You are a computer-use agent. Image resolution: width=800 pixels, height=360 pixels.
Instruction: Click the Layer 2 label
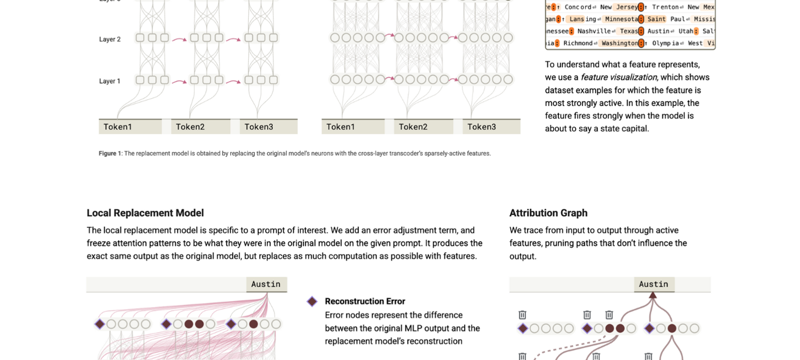pyautogui.click(x=110, y=39)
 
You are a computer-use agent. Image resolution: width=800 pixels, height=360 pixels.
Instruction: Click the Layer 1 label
pyautogui.click(x=110, y=81)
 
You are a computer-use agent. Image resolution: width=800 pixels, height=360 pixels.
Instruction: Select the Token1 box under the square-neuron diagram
pyautogui.click(x=130, y=127)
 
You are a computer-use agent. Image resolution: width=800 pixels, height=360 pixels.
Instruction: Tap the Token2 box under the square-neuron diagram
pyautogui.click(x=201, y=127)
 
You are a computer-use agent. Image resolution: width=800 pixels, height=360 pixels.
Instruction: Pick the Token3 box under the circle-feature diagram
pyautogui.click(x=491, y=127)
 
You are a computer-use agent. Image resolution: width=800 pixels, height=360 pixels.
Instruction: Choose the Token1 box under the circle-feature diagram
pyautogui.click(x=353, y=127)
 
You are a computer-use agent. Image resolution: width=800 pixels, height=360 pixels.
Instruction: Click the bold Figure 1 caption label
pyautogui.click(x=110, y=153)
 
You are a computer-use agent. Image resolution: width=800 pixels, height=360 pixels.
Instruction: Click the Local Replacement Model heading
pyautogui.click(x=145, y=213)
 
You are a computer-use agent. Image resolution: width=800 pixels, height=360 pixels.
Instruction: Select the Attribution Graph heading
pyautogui.click(x=548, y=213)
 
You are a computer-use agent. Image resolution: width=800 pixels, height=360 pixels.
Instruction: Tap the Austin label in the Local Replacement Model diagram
pyautogui.click(x=266, y=284)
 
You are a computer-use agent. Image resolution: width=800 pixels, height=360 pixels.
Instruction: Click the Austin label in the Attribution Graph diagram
pyautogui.click(x=654, y=284)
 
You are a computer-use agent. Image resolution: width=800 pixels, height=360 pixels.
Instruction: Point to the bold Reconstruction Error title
pyautogui.click(x=365, y=301)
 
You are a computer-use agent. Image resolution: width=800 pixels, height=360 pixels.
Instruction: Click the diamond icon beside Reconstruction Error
pyautogui.click(x=312, y=301)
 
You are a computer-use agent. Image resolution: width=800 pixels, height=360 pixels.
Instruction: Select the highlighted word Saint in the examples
pyautogui.click(x=656, y=19)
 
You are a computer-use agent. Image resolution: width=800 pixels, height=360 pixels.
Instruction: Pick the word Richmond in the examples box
pyautogui.click(x=578, y=43)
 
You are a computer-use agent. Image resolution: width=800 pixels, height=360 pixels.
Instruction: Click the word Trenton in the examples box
pyautogui.click(x=666, y=7)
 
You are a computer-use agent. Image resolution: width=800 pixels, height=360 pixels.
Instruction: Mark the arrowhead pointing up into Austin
pyautogui.click(x=653, y=295)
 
